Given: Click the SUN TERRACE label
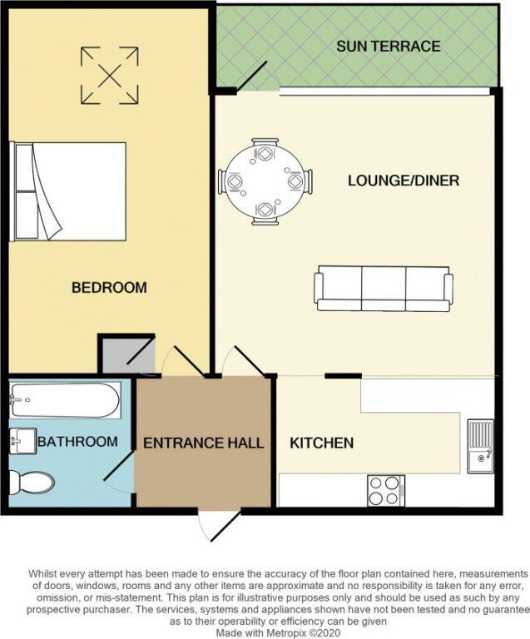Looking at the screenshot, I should [389, 46].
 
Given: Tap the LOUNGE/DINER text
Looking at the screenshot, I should [404, 181].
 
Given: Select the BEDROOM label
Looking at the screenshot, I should [109, 288].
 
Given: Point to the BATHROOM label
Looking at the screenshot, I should [77, 441].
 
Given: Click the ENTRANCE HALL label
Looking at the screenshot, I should [204, 443].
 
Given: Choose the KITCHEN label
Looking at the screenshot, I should [321, 443].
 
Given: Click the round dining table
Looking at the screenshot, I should [265, 181].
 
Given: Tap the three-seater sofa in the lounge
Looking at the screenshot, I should [383, 288].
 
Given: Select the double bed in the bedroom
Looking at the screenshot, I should [70, 191].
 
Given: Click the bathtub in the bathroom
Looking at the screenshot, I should [65, 400].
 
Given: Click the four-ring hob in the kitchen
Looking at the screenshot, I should [385, 490].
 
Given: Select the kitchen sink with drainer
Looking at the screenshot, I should [480, 447].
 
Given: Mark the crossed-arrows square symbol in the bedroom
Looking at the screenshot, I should [108, 75].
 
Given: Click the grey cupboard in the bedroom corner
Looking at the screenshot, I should [126, 354].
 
